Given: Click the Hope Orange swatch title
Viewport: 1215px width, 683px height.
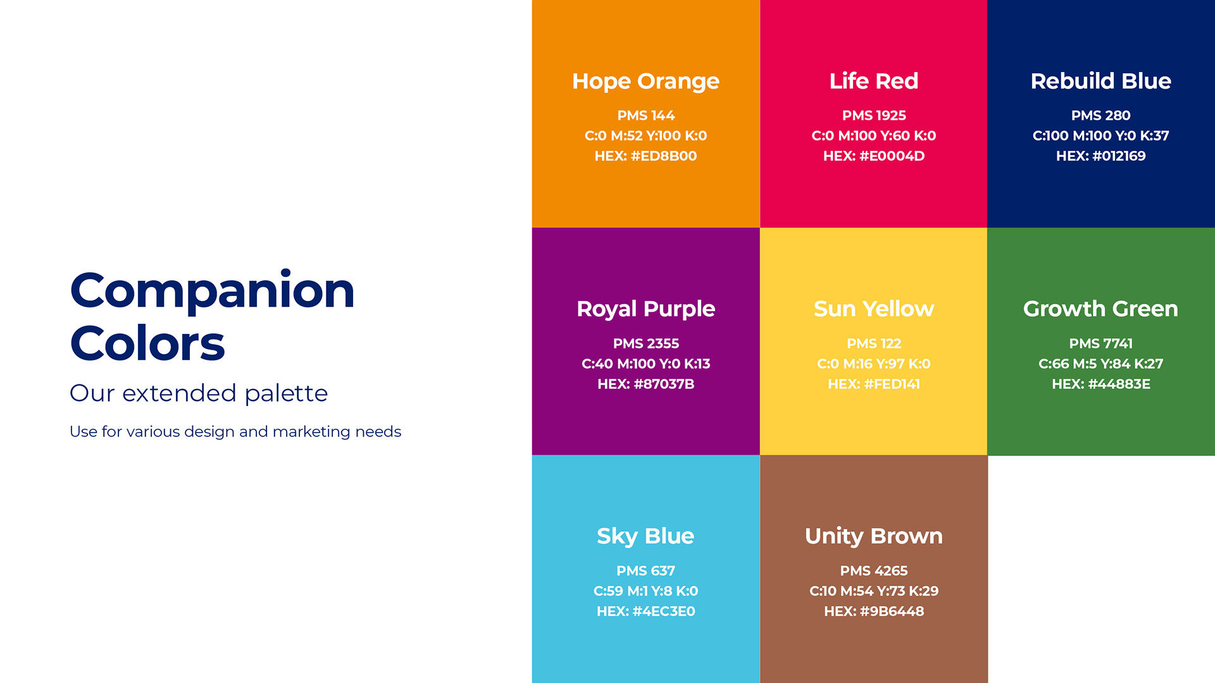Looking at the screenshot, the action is [645, 82].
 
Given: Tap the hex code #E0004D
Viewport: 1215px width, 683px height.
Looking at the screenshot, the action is [892, 156].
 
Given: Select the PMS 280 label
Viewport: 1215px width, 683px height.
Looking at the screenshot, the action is [1100, 116].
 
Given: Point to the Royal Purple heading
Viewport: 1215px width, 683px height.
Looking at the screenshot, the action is [645, 309].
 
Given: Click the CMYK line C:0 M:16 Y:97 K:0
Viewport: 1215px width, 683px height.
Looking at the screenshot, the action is [873, 364].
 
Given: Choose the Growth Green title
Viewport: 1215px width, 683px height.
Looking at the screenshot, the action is [1100, 309].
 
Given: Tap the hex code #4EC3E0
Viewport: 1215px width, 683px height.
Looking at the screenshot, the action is [664, 612].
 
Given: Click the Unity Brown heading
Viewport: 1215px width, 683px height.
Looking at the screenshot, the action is [873, 536].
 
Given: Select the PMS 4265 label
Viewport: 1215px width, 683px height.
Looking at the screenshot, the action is [873, 571].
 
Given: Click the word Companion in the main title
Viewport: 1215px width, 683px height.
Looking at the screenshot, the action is [212, 291].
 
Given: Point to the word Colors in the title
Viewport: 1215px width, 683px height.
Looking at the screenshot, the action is [147, 343].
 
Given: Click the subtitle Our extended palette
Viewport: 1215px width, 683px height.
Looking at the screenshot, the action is [199, 393].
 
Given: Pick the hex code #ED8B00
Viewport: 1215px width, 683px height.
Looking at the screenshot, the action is [664, 156].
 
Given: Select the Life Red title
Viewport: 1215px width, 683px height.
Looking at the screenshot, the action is [873, 81].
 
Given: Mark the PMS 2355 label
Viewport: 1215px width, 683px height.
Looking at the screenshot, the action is [645, 343].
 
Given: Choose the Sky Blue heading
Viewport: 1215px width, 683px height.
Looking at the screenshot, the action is [645, 536].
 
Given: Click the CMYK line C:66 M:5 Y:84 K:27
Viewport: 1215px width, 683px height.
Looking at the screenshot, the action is [1100, 364].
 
